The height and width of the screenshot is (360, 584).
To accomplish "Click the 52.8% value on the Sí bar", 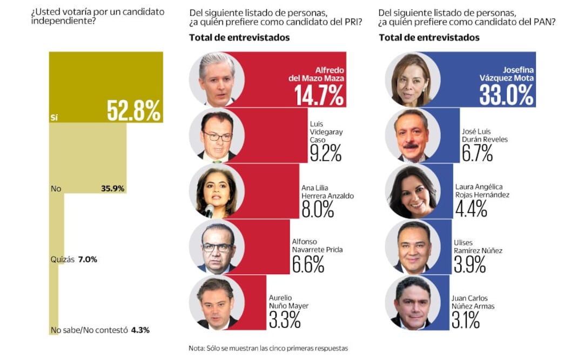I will pos(133,110).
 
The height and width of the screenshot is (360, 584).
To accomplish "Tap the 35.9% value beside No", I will pos(112,189).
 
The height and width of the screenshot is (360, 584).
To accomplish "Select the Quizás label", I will pos(62,259).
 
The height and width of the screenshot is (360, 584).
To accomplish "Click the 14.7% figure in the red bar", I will pos(319,96).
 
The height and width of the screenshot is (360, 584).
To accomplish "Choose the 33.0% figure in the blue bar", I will pos(506,96).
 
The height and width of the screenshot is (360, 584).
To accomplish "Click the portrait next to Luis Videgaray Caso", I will pos(217,136).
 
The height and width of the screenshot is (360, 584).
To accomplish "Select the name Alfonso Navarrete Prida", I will pos(317,246).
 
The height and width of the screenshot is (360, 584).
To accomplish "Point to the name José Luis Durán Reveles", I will pos(485,136).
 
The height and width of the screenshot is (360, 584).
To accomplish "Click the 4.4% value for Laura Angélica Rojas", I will pos(471,208).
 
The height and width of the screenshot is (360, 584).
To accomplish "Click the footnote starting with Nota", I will pos(268,348).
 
